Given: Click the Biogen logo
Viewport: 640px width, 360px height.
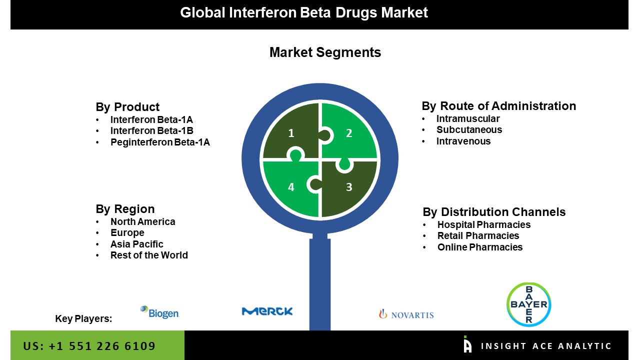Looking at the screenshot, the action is (159, 312).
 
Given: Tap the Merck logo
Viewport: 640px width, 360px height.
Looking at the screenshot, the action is (267, 311).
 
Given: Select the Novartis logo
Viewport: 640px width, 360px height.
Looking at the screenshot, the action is (406, 314).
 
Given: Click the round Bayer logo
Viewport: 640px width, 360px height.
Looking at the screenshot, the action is (528, 304).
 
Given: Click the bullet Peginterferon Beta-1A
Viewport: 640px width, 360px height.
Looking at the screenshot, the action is (160, 142).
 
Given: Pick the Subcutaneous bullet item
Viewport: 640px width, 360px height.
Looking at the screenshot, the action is (469, 129).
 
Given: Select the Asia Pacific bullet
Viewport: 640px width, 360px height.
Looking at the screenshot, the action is (136, 244).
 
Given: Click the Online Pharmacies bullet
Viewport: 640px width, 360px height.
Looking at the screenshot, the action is (479, 247).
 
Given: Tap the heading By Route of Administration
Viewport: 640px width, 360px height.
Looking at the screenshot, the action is (498, 106).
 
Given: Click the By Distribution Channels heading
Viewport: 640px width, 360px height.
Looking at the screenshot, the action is (494, 212).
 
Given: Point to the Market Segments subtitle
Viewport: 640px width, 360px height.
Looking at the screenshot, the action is (325, 52).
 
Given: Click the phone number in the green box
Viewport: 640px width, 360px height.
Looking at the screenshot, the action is (89, 346).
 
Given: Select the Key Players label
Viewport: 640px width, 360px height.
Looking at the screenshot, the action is (83, 318).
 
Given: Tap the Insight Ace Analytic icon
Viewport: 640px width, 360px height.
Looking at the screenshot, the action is (467, 344).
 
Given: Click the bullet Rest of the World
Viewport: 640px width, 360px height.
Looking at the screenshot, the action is (149, 255).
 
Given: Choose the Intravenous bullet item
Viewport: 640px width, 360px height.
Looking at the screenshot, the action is (463, 141).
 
